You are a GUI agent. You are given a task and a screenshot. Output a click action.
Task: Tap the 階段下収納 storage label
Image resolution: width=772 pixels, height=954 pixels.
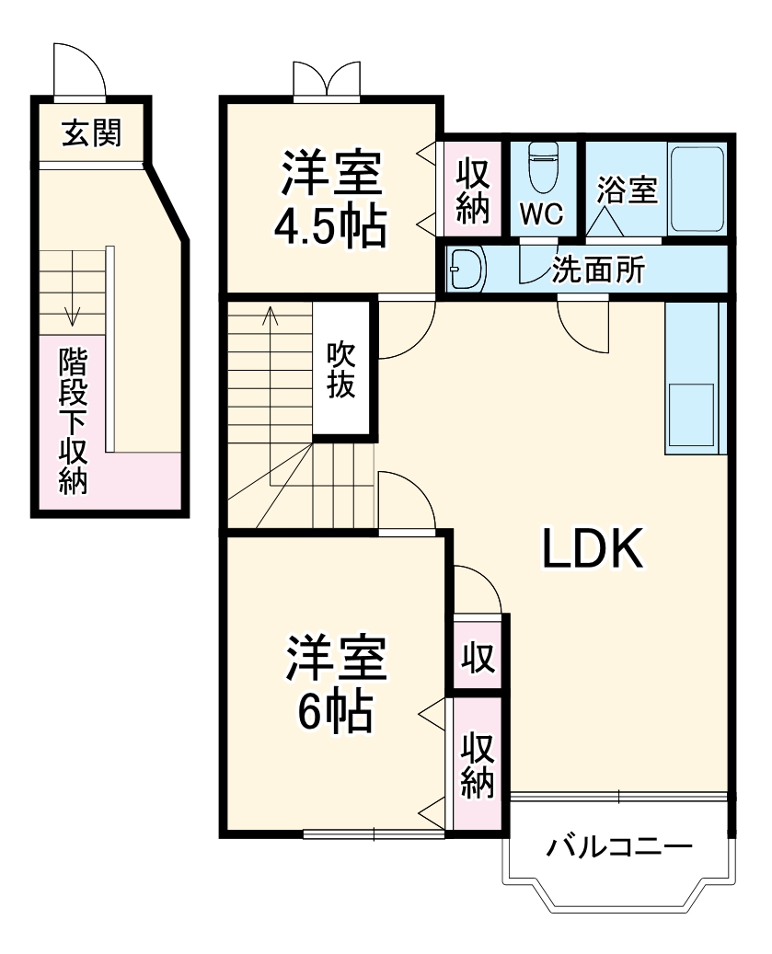pos(73,420)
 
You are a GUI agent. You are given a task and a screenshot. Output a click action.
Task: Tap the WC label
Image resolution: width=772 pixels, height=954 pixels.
pos(541,213)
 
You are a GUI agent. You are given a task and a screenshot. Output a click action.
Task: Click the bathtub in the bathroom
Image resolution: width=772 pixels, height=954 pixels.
pos(697,189)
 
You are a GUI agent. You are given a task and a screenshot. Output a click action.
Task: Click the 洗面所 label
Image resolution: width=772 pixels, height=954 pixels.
pos(598,270)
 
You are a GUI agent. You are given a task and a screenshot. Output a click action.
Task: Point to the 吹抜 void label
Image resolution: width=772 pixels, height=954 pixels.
pos(341,369)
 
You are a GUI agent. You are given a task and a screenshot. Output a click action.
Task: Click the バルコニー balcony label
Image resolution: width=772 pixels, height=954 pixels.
pos(618,847)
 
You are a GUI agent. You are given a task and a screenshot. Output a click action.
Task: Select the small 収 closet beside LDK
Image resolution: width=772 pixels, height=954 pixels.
pos(478,659)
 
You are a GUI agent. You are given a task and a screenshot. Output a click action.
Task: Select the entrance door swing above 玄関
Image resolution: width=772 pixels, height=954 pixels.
pos(77,69)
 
